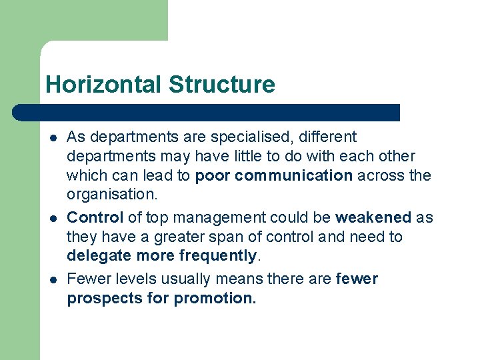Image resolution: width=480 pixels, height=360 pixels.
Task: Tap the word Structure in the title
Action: coord(221,85)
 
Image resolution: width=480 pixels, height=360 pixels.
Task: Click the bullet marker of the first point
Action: coord(52,138)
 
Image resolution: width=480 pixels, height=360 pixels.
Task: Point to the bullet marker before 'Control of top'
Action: coord(52,219)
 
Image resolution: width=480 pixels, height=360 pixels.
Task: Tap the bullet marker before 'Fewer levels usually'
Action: coord(52,279)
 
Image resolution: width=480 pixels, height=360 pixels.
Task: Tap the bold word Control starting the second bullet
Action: coord(95,217)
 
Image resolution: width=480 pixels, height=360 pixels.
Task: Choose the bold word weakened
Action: coord(373,217)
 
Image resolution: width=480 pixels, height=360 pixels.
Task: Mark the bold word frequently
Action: coord(218,256)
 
